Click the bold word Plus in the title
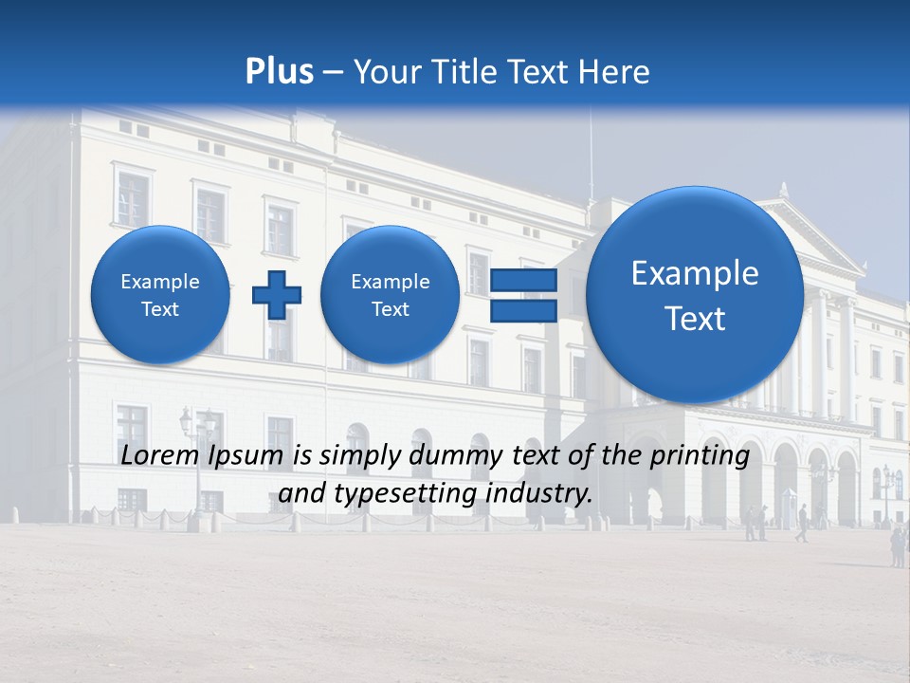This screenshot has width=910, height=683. tap(279, 72)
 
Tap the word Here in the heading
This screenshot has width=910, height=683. tap(614, 72)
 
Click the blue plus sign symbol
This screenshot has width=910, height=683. tap(276, 295)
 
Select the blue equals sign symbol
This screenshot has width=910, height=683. tap(523, 295)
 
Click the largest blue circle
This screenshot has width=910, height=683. tap(695, 295)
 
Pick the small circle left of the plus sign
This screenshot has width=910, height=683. tap(160, 295)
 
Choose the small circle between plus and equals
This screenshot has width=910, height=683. tap(391, 295)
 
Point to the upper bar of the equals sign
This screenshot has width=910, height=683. tap(523, 281)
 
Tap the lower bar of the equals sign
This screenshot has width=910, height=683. tap(523, 310)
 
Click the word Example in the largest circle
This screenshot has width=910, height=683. tap(695, 273)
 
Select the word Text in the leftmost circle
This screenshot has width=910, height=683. tap(160, 309)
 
